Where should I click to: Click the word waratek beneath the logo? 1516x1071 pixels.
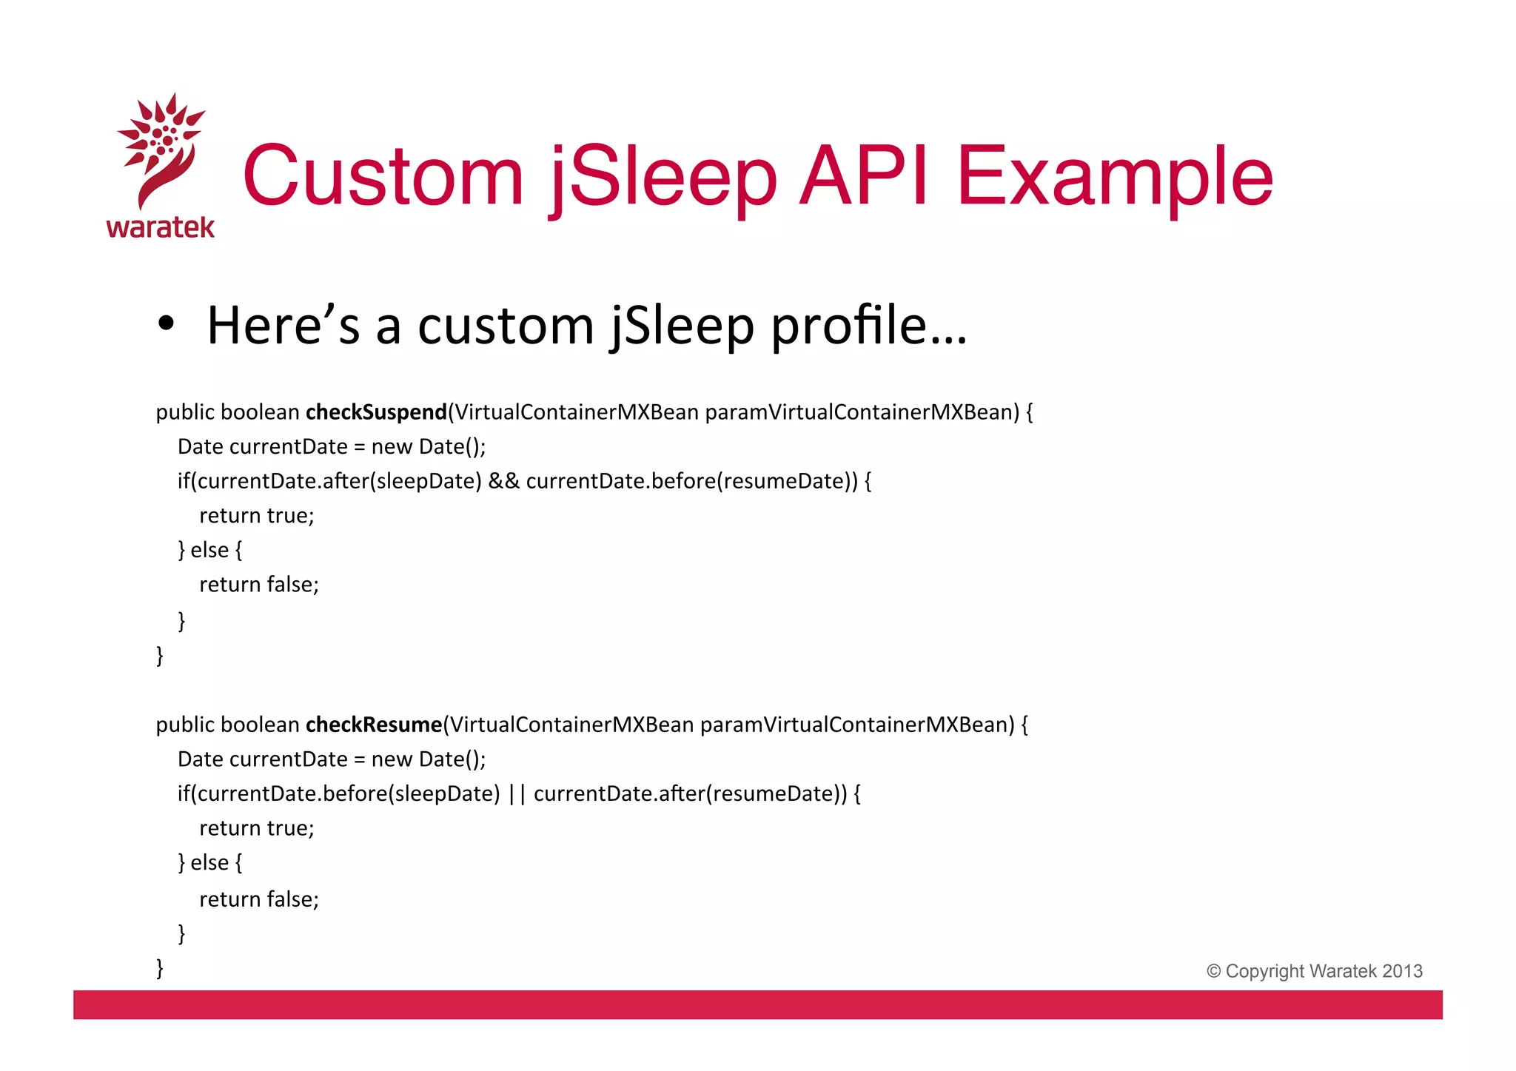click(160, 227)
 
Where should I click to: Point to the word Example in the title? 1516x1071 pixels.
click(1114, 177)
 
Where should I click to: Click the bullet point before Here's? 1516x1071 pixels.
click(167, 325)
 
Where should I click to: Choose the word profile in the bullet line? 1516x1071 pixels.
click(848, 325)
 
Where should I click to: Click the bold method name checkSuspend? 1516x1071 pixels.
click(376, 412)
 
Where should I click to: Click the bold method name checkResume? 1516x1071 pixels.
click(374, 725)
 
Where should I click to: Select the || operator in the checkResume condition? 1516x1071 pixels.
click(517, 793)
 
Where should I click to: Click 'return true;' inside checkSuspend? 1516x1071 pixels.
click(257, 516)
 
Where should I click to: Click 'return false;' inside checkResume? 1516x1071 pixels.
click(259, 899)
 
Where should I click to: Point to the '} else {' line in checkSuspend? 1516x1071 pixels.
click(210, 550)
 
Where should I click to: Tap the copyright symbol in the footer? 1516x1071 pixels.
click(1214, 971)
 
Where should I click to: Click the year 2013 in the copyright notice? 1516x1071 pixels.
click(1402, 971)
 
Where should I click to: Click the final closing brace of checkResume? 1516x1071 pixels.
click(160, 967)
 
